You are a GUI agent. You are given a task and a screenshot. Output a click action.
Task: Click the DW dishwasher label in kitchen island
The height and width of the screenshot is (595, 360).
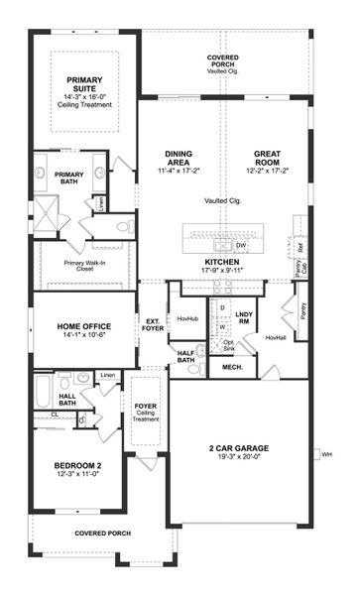point(241,244)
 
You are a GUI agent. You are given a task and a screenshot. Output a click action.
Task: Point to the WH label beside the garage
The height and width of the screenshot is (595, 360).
point(326,455)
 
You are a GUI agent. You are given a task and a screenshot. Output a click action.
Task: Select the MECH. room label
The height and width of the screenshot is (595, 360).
point(232,367)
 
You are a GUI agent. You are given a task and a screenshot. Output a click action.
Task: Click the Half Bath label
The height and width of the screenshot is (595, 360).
point(184,356)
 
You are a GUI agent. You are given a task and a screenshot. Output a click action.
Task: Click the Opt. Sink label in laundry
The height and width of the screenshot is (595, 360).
point(227,346)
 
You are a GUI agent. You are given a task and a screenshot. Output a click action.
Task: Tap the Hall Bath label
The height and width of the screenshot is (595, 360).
point(40,399)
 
